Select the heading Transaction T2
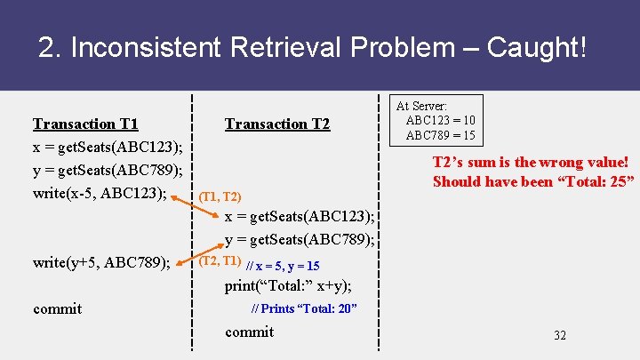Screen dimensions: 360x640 coord(277,124)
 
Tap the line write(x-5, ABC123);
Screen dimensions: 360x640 coord(100,193)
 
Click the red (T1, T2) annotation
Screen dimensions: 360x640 coord(219,196)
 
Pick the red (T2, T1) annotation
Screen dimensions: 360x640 coord(219,260)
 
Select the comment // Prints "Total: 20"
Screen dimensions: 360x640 coord(304,308)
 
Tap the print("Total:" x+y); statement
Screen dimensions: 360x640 coord(288,285)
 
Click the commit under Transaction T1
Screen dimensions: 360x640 coord(57,308)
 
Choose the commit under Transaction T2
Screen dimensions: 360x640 coord(250,332)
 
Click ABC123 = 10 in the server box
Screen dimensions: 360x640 coord(440,121)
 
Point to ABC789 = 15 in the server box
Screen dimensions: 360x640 coord(440,136)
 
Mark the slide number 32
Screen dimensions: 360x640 coord(559,335)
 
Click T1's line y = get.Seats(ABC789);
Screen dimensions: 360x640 coord(108,170)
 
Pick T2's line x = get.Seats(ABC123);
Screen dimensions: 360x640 coord(300,216)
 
